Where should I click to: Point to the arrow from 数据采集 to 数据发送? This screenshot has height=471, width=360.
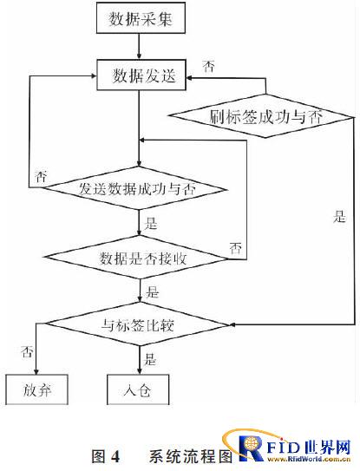139,46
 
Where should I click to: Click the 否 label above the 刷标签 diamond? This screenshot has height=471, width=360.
208,66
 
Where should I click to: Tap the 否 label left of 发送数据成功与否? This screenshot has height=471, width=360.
41,176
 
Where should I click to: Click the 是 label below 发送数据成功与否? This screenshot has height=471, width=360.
151,223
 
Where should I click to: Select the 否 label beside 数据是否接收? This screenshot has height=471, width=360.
236,248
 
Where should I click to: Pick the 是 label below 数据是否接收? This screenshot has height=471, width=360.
153,291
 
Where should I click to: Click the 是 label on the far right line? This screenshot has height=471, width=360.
339,216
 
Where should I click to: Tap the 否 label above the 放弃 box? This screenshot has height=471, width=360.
27,350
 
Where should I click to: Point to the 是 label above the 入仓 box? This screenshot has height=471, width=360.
150,358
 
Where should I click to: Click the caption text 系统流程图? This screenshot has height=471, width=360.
191,456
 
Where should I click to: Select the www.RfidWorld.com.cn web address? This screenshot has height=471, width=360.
309,459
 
